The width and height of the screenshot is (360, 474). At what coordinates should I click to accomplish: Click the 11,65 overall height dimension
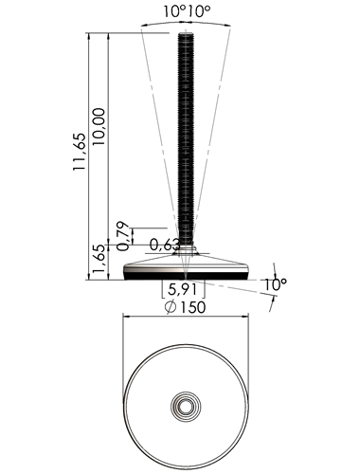click(80, 152)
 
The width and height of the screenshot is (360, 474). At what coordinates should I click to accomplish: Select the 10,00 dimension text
click(99, 126)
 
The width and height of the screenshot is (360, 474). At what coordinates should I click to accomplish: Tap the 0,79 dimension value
click(123, 236)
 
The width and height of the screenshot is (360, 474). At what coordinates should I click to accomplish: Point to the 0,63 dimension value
click(165, 245)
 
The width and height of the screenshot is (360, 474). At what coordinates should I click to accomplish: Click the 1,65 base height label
click(99, 260)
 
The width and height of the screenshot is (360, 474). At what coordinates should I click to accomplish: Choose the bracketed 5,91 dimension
click(183, 289)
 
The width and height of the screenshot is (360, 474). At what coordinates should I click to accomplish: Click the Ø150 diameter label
click(186, 307)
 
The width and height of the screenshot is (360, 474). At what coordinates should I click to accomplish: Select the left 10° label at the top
click(174, 11)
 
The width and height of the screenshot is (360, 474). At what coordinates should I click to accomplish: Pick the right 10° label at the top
click(199, 11)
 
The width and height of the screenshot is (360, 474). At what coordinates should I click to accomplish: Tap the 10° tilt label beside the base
click(275, 284)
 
